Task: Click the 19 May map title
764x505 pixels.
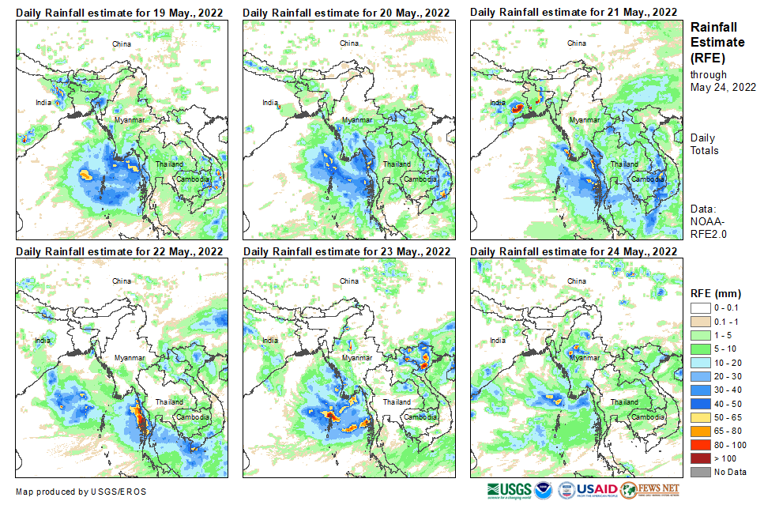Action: tap(119, 12)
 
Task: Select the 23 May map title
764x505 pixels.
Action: tap(347, 251)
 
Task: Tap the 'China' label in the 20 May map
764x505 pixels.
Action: tap(348, 43)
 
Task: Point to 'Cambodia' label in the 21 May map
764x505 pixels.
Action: tap(647, 178)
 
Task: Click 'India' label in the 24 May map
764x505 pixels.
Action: tap(497, 341)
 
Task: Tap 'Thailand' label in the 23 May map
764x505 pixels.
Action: tap(396, 402)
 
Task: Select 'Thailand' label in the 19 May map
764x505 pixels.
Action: tap(168, 164)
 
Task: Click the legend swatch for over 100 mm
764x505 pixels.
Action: tap(701, 458)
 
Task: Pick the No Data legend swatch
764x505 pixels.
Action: tap(701, 472)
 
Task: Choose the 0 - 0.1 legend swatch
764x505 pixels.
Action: tap(701, 308)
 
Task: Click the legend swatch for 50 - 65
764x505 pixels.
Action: tap(701, 417)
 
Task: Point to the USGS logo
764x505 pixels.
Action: tap(510, 490)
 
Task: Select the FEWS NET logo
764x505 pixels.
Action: tap(650, 490)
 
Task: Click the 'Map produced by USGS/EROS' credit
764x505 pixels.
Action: tap(81, 491)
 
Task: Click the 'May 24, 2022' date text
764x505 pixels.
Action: tap(723, 87)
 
